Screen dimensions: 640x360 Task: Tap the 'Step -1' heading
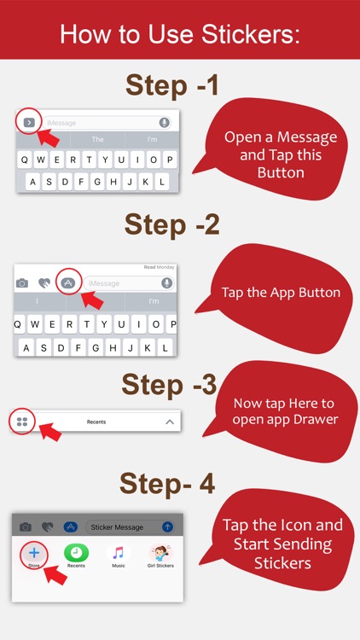[x=173, y=85]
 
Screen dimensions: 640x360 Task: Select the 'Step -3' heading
[x=170, y=384]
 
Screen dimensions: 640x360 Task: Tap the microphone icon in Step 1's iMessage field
[x=164, y=123]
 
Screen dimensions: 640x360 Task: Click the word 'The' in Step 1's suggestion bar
[x=97, y=140]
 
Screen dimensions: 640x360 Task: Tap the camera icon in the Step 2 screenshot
[x=22, y=283]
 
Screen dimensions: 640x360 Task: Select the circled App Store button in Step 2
[x=68, y=282]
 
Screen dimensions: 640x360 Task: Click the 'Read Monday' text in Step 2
[x=159, y=267]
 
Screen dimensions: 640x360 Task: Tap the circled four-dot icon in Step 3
[x=22, y=422]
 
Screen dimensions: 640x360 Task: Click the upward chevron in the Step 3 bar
[x=170, y=422]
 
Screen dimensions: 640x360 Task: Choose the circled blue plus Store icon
[x=34, y=553]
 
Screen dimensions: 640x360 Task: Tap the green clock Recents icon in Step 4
[x=76, y=553]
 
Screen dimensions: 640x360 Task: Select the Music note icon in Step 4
[x=119, y=553]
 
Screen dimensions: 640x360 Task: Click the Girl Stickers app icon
[x=161, y=553]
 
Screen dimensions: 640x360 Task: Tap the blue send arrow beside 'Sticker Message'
[x=167, y=527]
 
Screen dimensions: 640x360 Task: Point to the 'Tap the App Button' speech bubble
[x=281, y=293]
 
